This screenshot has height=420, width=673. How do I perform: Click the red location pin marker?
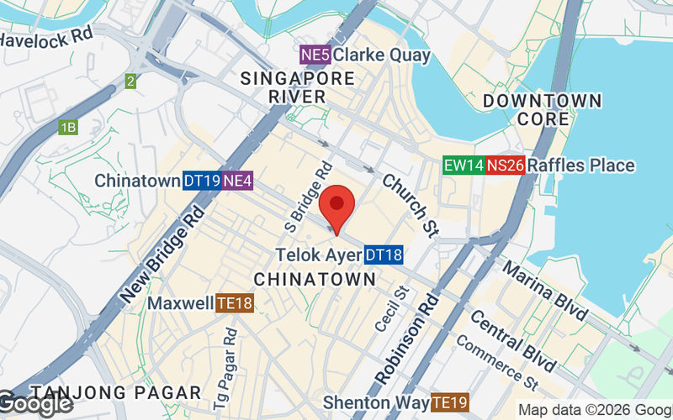point(337,205)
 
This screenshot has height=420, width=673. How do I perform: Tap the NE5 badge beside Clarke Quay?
point(315,55)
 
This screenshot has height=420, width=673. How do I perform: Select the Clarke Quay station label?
point(382,55)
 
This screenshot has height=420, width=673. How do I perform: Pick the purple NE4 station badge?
point(238,181)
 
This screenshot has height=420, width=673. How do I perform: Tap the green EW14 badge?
point(464,165)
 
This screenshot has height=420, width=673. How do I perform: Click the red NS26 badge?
point(506,165)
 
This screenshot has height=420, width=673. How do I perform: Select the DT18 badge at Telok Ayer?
point(384,255)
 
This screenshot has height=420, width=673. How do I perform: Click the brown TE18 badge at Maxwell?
point(235,303)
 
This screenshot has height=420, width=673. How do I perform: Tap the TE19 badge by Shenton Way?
point(449,402)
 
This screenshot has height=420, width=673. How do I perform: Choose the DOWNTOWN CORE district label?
point(543,110)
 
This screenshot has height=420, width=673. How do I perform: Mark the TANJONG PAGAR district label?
point(116,392)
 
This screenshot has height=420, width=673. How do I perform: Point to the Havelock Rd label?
point(45,36)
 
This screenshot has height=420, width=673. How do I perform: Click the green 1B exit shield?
point(68,128)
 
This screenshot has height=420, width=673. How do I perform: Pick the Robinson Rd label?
point(405,339)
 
